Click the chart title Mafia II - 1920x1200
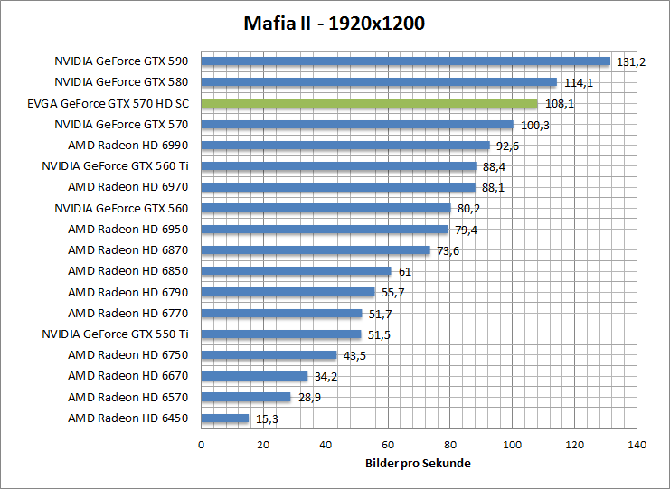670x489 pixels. (x=335, y=23)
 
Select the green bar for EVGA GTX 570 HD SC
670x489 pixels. (x=369, y=104)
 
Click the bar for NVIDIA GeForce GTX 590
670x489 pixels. (x=405, y=61)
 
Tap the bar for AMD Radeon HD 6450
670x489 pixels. (x=224, y=418)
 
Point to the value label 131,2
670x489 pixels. (x=630, y=62)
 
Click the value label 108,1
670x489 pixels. (x=559, y=104)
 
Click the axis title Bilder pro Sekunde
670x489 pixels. (x=419, y=464)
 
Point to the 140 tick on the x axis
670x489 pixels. (x=637, y=445)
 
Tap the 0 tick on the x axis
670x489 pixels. (x=201, y=445)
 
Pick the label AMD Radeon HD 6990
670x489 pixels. (x=127, y=146)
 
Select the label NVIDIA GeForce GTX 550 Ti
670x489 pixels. (x=115, y=334)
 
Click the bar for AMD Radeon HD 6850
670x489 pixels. (x=296, y=271)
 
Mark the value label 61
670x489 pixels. (x=404, y=271)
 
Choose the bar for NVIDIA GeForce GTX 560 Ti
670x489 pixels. (x=338, y=166)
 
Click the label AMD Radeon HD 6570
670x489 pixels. (x=127, y=397)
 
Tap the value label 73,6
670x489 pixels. (x=448, y=250)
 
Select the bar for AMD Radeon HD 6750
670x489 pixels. (x=269, y=355)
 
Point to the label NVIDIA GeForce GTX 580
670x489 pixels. (x=121, y=82)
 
